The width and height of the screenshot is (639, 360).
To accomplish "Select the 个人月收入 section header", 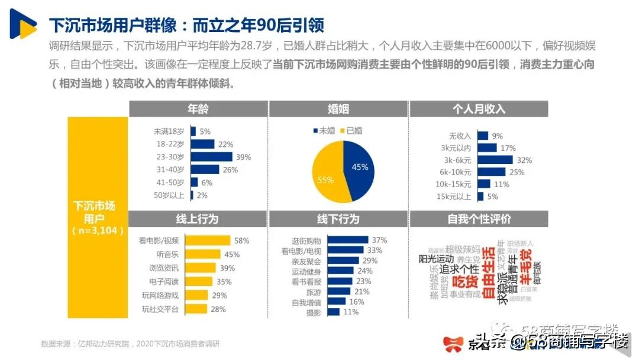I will coord(479,109).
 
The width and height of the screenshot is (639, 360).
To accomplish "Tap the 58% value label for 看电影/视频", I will coord(241,240).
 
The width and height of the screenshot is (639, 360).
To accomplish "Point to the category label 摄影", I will coord(313,312).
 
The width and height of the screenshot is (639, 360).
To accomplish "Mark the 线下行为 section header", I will coord(338,219).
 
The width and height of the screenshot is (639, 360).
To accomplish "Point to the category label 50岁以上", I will coord(169,195).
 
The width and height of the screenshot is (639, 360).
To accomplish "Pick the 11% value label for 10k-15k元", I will coord(502,184).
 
